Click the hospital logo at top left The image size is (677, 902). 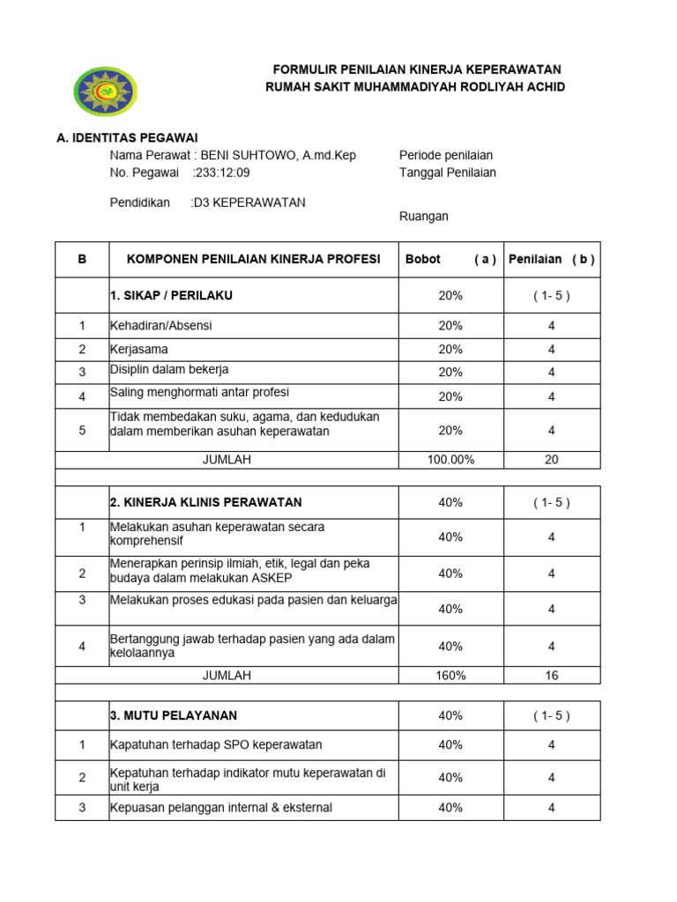tap(105, 91)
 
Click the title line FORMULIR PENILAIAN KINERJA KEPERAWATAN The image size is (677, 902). tap(416, 70)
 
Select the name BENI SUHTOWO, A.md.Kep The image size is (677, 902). tap(279, 155)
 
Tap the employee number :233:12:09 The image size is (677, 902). tap(221, 173)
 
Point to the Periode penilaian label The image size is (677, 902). tap(446, 155)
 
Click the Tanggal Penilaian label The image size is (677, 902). tap(448, 173)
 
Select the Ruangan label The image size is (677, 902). tap(424, 216)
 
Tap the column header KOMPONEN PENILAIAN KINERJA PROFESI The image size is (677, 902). tap(254, 260)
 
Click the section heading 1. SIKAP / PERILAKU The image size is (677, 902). tap(172, 295)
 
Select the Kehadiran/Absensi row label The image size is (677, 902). tap(161, 326)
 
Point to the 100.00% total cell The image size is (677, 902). tap(450, 460)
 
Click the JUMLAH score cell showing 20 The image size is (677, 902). tap(552, 460)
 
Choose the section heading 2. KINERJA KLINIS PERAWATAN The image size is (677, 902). tap(206, 502)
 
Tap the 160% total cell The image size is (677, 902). tap(450, 676)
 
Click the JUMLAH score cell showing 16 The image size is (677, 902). tap(552, 676)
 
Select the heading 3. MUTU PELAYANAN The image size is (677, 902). tap(174, 715)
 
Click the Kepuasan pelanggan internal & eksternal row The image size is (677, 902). tap(221, 808)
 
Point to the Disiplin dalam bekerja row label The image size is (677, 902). tap(169, 370)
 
